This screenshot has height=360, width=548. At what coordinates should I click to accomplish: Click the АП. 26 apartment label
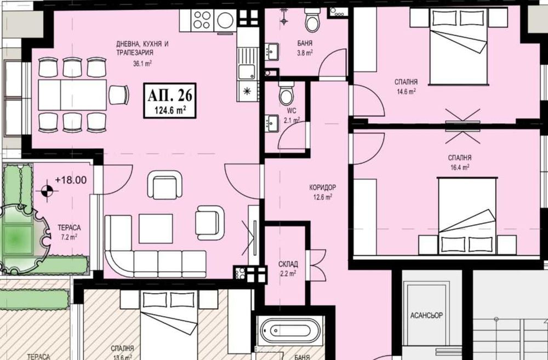pos(170,95)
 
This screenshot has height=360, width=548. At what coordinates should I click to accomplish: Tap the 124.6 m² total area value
pos(170,110)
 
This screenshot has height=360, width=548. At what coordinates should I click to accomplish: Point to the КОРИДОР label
pos(322,187)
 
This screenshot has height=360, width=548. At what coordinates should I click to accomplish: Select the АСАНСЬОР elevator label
pos(426,316)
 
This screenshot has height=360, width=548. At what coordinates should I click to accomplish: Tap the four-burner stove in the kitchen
pos(202,21)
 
